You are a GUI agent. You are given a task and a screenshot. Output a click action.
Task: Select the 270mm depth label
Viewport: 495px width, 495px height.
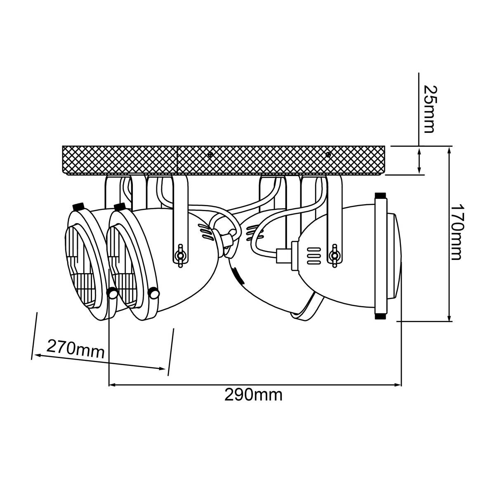(x=75, y=349)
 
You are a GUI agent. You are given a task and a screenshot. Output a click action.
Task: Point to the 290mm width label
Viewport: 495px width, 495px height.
(x=253, y=395)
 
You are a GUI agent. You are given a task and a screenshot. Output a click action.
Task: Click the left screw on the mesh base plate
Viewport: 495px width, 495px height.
(x=210, y=155)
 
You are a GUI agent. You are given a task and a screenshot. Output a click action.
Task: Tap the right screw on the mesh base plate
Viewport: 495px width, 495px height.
(x=328, y=155)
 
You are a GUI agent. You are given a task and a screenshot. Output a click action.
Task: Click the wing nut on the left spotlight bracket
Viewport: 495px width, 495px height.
(x=181, y=256)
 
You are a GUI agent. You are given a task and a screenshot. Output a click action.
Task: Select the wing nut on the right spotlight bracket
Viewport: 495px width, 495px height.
(x=335, y=256)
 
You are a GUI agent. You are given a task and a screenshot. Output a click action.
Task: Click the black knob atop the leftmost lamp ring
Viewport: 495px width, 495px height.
(x=79, y=206)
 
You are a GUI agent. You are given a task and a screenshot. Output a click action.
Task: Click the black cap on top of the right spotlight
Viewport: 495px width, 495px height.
(x=381, y=195)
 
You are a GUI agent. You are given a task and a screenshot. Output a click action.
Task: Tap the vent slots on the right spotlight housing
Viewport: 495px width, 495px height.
(x=314, y=256)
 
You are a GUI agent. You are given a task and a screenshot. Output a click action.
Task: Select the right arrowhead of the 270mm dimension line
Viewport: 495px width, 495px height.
(x=163, y=369)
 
